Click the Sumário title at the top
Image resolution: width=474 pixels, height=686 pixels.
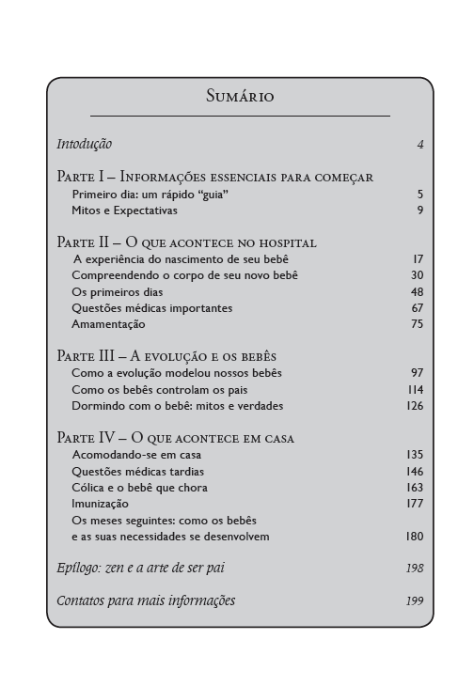239,96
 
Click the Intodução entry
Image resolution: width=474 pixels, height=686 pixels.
85,145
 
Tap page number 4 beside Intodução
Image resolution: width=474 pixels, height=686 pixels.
420,145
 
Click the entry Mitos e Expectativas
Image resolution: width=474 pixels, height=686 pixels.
124,210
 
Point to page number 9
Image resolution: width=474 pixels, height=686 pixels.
420,210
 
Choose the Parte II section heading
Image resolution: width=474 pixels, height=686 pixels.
186,242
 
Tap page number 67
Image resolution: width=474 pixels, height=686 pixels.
418,308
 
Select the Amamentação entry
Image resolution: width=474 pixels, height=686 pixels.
108,324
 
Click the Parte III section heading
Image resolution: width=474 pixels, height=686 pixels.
166,357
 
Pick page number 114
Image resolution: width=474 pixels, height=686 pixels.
416,390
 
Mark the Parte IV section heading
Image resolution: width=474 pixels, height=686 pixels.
176,439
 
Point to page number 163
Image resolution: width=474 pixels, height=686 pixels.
415,488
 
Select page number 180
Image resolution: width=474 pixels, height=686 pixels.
415,537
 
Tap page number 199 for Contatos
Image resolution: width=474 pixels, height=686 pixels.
415,600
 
